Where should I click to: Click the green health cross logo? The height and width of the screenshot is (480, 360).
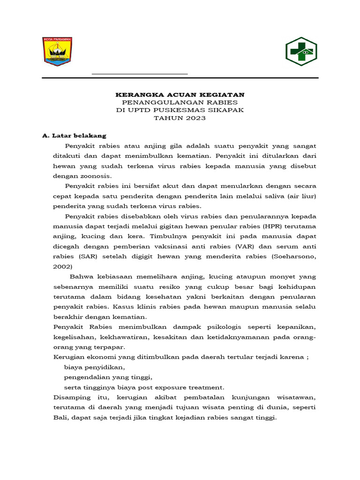[x=301, y=52]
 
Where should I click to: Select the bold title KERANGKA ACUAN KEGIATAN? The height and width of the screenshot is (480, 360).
[x=180, y=95]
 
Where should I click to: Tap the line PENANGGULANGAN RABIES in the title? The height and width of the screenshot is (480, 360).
[x=180, y=102]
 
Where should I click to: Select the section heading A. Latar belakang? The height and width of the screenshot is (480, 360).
[x=74, y=136]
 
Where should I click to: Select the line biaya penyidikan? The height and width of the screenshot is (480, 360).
[x=95, y=367]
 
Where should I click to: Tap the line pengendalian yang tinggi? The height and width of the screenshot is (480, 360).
[x=108, y=377]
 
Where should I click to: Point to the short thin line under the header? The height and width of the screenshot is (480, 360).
[x=140, y=74]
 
